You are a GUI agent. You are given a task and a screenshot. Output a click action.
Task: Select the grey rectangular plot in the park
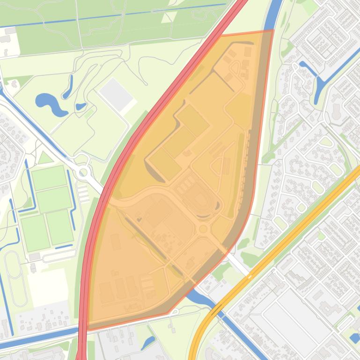click(x=116, y=94)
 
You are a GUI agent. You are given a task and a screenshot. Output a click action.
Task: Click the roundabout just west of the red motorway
click(x=83, y=173)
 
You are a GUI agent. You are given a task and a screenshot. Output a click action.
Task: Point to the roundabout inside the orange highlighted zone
click(x=204, y=229)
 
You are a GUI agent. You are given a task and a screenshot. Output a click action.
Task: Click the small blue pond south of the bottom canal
click(x=149, y=342)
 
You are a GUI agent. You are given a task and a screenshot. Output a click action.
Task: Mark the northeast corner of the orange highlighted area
click(x=273, y=31)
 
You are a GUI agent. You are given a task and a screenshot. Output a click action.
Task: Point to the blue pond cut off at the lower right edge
click(x=355, y=338)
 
